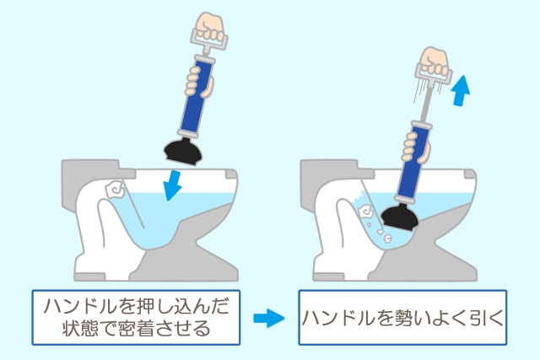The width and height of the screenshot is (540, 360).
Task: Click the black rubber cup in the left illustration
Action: pos(182,150)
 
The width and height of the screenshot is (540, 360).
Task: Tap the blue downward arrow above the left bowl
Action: pos(173,185)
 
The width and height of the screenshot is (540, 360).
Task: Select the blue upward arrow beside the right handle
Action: pos(462,90)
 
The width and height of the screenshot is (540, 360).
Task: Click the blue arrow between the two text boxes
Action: pos(269,319)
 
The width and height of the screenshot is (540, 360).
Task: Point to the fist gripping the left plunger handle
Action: pos(209,27)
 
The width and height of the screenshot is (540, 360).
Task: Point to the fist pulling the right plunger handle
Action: pos(435,62)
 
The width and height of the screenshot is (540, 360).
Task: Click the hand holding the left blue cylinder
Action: pos(199,81)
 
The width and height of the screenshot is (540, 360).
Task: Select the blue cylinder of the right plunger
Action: pos(413,161)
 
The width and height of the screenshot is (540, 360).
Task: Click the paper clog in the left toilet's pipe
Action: pos(114,191)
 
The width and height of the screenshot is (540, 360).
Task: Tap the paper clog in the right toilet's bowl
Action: pos(365,212)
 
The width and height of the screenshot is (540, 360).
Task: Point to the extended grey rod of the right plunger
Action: pos(427,103)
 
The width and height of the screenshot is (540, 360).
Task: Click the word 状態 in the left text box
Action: pos(80,328)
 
